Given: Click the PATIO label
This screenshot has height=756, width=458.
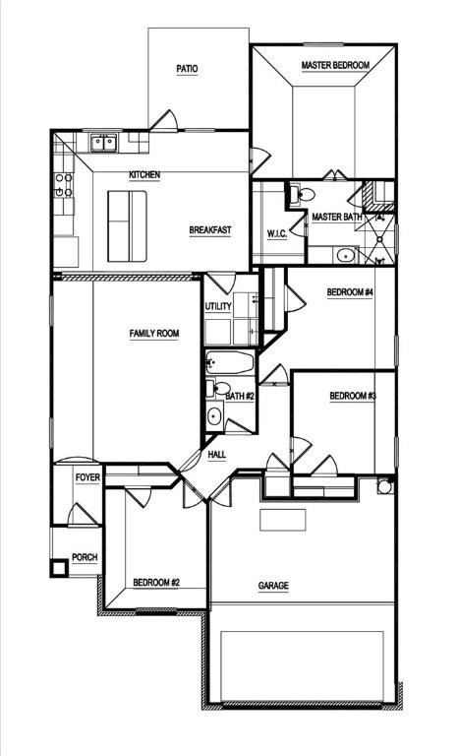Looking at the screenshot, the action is click(x=187, y=69).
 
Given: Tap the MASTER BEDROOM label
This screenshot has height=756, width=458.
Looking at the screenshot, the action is click(x=335, y=65).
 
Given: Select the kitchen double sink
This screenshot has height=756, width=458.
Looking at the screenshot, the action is click(x=104, y=143).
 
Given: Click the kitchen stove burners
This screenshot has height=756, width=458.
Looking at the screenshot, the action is click(x=64, y=185).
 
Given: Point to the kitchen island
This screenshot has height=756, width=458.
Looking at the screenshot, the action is click(x=127, y=226).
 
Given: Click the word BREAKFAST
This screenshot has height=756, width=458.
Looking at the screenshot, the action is click(x=210, y=230).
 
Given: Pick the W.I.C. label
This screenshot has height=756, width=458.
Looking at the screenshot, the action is click(x=277, y=234).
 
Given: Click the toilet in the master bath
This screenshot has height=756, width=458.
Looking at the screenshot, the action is click(x=302, y=194).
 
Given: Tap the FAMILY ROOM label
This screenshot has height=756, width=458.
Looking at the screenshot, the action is click(x=154, y=333).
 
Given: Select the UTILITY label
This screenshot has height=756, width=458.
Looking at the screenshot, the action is click(x=218, y=307).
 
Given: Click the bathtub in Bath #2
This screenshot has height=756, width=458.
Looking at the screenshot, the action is click(x=230, y=362).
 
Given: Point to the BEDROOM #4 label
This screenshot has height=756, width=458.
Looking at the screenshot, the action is click(x=350, y=292).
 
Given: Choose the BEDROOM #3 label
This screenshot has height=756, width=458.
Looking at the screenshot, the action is click(x=353, y=397).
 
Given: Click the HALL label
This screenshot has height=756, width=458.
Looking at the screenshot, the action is click(x=217, y=455).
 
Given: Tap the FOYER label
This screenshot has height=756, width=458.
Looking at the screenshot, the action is click(x=87, y=477).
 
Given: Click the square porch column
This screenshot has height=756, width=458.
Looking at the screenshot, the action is click(x=60, y=567).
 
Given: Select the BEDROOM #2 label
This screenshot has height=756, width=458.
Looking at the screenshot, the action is click(x=156, y=583).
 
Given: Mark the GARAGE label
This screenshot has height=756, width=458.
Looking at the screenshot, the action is click(x=273, y=586).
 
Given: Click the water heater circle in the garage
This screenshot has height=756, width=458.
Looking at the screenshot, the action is click(x=385, y=486).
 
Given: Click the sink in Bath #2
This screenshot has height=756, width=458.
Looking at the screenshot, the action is click(x=214, y=416).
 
